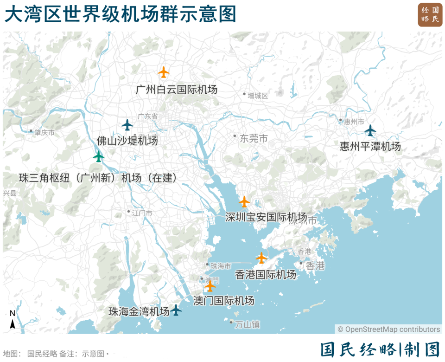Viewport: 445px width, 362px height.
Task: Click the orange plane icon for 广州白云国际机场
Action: tap(164, 72)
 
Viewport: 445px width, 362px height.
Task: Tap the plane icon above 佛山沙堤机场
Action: tap(127, 125)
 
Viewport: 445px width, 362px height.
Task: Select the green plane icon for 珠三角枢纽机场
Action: tap(99, 156)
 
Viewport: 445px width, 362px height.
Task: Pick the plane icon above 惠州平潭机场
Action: tap(370, 130)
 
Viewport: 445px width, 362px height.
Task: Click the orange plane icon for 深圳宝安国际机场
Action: tap(244, 202)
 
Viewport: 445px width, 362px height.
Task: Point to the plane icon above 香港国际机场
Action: tap(261, 258)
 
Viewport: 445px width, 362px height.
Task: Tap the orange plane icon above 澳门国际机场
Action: tap(210, 286)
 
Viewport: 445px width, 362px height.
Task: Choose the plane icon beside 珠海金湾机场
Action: tap(176, 310)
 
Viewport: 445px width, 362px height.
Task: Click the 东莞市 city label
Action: tap(254, 138)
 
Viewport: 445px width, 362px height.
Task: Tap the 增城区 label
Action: tap(258, 96)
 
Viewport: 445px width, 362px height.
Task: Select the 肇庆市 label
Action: tap(44, 133)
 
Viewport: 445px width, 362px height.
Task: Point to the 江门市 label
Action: tap(142, 213)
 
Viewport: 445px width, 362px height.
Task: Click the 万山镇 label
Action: tap(247, 324)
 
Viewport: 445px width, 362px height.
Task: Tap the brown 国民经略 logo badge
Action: tap(430, 15)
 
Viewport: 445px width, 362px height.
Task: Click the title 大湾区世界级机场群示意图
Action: tap(121, 14)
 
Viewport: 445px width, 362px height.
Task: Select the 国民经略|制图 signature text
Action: tap(380, 349)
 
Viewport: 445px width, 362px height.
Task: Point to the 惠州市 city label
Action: tap(354, 122)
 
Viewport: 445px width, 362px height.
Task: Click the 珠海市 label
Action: tap(221, 266)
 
